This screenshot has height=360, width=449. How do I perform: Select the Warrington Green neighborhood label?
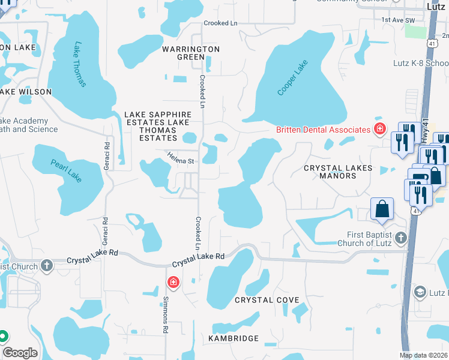click(x=190, y=53)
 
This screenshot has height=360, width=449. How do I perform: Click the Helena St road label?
click(x=181, y=161)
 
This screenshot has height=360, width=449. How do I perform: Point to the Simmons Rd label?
click(x=165, y=314)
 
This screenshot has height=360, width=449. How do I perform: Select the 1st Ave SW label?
click(x=398, y=20)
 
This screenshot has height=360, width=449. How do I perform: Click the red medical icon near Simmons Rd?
click(x=173, y=281)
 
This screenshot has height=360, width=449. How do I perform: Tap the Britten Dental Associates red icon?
click(x=379, y=129)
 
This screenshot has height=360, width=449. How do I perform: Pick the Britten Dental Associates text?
click(x=323, y=130)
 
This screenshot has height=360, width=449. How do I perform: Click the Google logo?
click(x=20, y=353)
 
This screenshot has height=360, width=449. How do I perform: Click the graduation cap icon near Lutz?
click(x=421, y=292)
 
